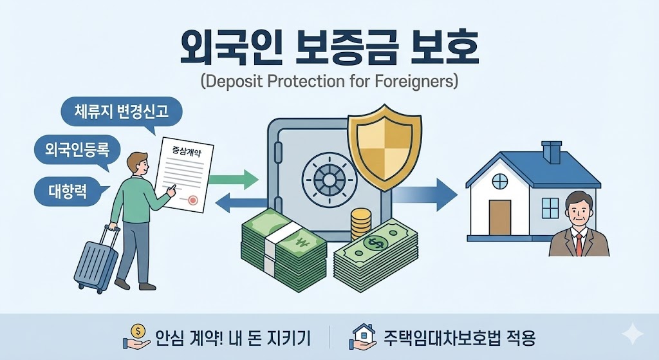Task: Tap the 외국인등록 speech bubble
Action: click(x=77, y=149)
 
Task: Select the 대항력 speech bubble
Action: click(x=67, y=191)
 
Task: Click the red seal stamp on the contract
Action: click(x=192, y=200)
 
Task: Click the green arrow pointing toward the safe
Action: click(x=233, y=180)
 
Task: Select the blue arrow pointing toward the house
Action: click(x=425, y=194)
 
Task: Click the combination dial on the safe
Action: click(x=329, y=180)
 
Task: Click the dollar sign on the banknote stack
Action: click(x=374, y=243)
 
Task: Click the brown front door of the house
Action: click(x=499, y=218)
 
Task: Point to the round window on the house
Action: click(x=499, y=182)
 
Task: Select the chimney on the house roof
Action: click(x=552, y=152)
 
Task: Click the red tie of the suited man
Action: click(x=579, y=244)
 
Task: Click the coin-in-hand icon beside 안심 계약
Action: click(x=136, y=336)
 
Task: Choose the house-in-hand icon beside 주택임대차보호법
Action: click(x=362, y=336)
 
